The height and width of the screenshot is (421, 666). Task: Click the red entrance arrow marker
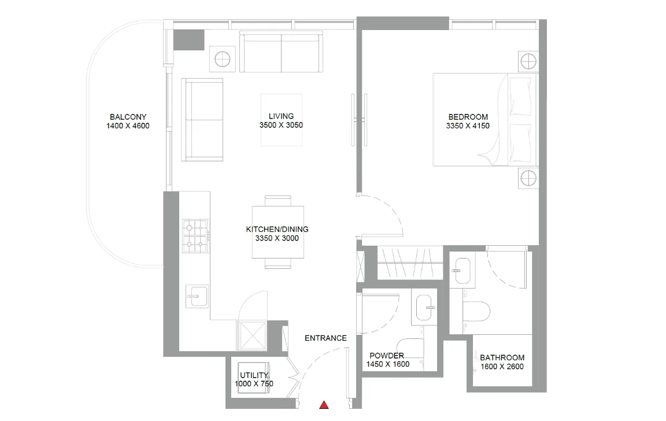point(324,405)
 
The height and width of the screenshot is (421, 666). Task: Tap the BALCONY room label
point(128,117)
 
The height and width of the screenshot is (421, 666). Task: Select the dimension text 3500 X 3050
point(281,125)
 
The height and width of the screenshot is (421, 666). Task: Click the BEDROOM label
point(468,117)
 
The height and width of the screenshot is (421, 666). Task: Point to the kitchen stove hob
point(195,236)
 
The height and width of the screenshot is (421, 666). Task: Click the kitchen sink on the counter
point(197,296)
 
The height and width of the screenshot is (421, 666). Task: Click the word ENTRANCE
point(326,338)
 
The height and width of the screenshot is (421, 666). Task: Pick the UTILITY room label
point(254,375)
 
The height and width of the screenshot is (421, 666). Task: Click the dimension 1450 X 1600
point(388,364)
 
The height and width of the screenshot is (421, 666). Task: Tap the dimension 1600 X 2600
point(502,367)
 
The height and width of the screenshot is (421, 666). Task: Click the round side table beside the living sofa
point(223,59)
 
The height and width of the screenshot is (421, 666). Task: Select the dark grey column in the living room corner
point(189,40)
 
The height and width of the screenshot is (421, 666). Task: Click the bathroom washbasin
point(462,270)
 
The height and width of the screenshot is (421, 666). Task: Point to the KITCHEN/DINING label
point(277,230)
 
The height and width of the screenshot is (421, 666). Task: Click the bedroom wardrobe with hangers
point(410,263)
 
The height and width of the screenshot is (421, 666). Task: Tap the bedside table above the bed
point(528,62)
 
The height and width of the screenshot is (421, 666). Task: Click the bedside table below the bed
point(528,178)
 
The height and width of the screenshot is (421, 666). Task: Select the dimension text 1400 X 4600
point(128,125)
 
